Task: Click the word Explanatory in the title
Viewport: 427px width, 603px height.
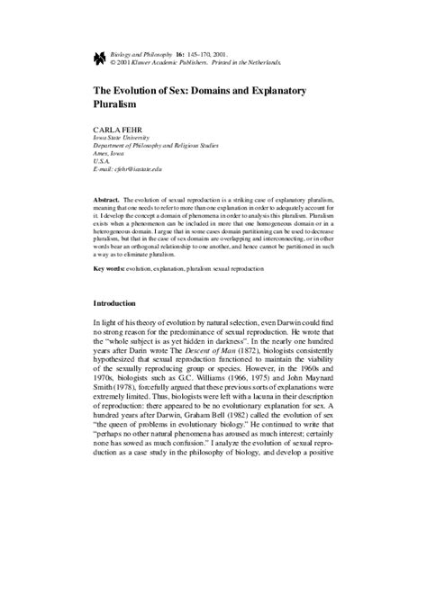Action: [291, 90]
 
